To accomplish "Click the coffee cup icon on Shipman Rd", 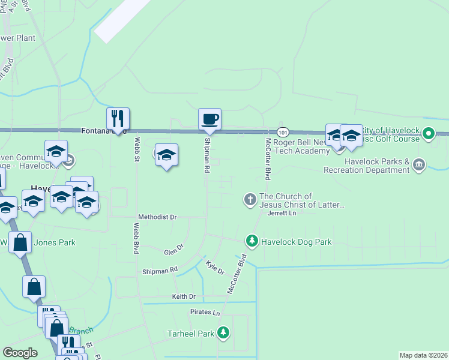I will (x=209, y=119).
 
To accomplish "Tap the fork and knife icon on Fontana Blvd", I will (x=118, y=118).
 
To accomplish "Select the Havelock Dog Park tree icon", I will (x=252, y=242).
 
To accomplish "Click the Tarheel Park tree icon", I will (x=223, y=332).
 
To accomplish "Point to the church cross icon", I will (x=250, y=199).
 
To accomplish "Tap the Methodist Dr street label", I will (x=158, y=217).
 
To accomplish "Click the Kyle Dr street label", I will (x=215, y=268).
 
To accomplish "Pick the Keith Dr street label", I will (x=184, y=296).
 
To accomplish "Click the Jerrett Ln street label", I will (x=282, y=213).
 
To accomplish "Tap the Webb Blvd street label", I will (x=136, y=238).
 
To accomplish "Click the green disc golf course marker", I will (x=428, y=133).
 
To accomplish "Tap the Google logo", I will (x=20, y=353).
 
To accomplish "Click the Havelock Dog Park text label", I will (x=296, y=242).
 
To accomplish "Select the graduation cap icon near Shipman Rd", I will (x=166, y=155).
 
